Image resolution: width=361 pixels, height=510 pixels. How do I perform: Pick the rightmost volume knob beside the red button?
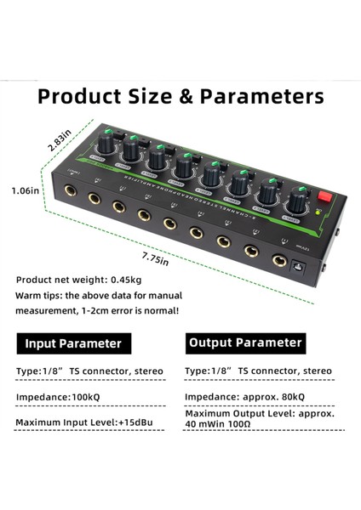[x=296, y=202]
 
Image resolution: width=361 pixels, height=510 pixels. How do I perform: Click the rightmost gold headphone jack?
[x=278, y=261]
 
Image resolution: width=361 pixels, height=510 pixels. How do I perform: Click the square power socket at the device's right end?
[x=300, y=266]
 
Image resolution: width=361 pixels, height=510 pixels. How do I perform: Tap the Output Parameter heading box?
[x=244, y=343]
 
